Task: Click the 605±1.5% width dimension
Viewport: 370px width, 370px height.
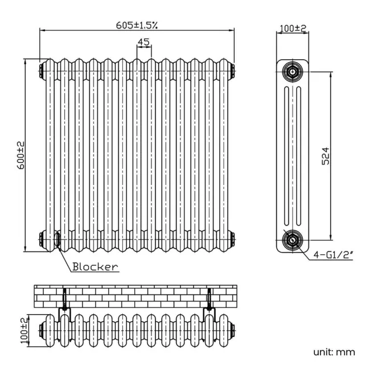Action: click(x=137, y=24)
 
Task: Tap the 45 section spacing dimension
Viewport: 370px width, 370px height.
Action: click(x=143, y=42)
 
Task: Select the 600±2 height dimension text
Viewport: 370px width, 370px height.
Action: click(x=20, y=155)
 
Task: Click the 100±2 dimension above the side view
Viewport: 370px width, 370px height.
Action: click(x=293, y=28)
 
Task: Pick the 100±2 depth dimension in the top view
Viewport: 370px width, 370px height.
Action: click(x=23, y=329)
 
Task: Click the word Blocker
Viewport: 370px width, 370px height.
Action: click(x=95, y=266)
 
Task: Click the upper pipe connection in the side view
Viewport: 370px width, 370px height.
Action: click(x=293, y=72)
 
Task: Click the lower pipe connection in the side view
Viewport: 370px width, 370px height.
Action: click(x=293, y=240)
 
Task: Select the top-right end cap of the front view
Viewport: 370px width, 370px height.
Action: click(x=231, y=71)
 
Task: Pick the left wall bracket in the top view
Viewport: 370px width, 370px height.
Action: click(x=64, y=301)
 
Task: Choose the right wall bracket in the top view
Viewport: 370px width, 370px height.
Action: click(x=210, y=301)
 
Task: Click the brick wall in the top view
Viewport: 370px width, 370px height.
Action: click(x=137, y=294)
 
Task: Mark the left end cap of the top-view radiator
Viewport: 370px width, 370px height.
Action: click(x=42, y=329)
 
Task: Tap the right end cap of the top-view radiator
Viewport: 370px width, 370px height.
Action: click(x=232, y=329)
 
